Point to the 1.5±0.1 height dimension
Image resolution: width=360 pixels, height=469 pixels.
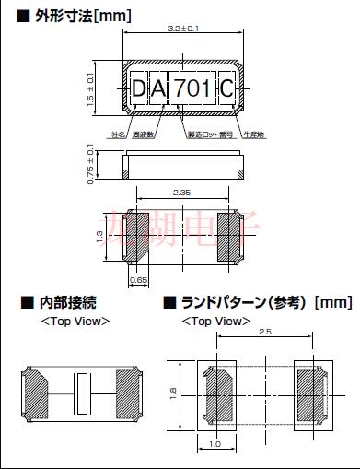pyautogui.click(x=89, y=87)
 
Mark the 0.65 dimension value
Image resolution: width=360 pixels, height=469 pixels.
pyautogui.click(x=138, y=278)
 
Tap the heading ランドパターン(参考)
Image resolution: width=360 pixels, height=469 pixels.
pyautogui.click(x=238, y=302)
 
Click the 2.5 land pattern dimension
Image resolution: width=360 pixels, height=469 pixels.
pyautogui.click(x=263, y=331)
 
